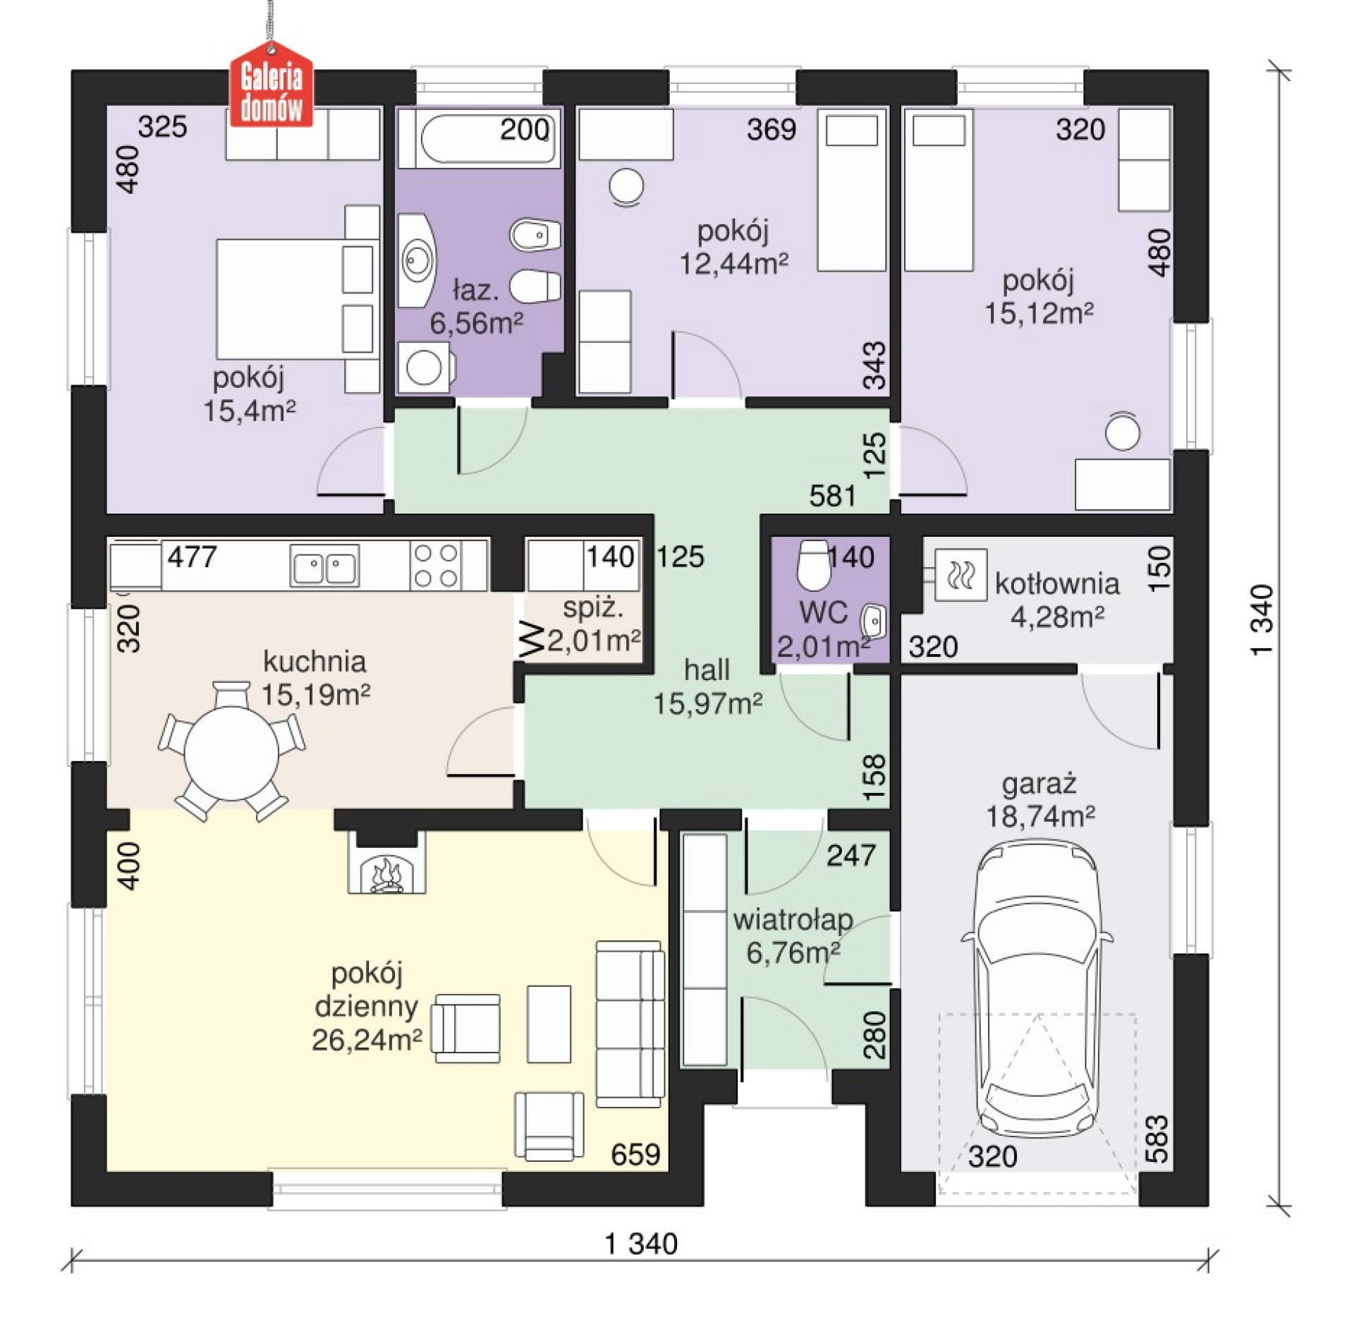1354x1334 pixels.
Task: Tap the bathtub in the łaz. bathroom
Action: [x=480, y=138]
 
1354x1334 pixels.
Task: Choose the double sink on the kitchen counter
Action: [x=324, y=566]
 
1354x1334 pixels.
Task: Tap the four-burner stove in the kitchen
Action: [x=436, y=565]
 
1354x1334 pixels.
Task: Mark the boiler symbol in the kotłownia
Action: [x=960, y=575]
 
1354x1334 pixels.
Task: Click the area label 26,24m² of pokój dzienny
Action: [x=367, y=1039]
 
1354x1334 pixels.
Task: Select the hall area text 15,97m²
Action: [x=707, y=703]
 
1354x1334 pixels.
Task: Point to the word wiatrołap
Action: [x=793, y=919]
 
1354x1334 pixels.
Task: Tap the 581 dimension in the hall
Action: [x=832, y=496]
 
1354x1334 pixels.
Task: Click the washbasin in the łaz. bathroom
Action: [x=417, y=261]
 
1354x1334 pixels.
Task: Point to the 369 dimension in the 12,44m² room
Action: [x=771, y=129]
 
